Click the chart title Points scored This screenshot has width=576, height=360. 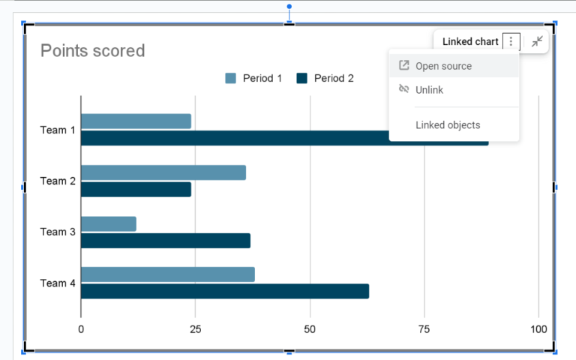[92, 51]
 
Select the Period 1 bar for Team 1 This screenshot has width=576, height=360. [136, 121]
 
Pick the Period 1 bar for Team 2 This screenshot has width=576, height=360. [163, 172]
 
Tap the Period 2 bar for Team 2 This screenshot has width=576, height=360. [136, 189]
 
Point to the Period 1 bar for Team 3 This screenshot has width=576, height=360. [109, 223]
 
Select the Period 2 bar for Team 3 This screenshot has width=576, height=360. [166, 241]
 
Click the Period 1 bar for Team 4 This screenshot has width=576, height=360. [168, 274]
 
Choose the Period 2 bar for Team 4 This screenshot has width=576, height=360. [225, 291]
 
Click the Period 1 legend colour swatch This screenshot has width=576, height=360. [231, 78]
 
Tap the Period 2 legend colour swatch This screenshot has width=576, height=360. [302, 78]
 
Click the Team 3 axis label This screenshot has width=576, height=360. [58, 232]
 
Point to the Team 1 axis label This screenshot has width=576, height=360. [58, 130]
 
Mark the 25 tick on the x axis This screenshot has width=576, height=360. [195, 328]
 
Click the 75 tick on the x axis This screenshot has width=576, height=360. [424, 328]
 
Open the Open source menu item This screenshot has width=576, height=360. [443, 66]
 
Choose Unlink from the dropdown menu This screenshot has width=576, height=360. [429, 90]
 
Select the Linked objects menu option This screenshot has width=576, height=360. [448, 125]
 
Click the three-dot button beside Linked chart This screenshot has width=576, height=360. [511, 42]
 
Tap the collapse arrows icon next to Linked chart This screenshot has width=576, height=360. [537, 42]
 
